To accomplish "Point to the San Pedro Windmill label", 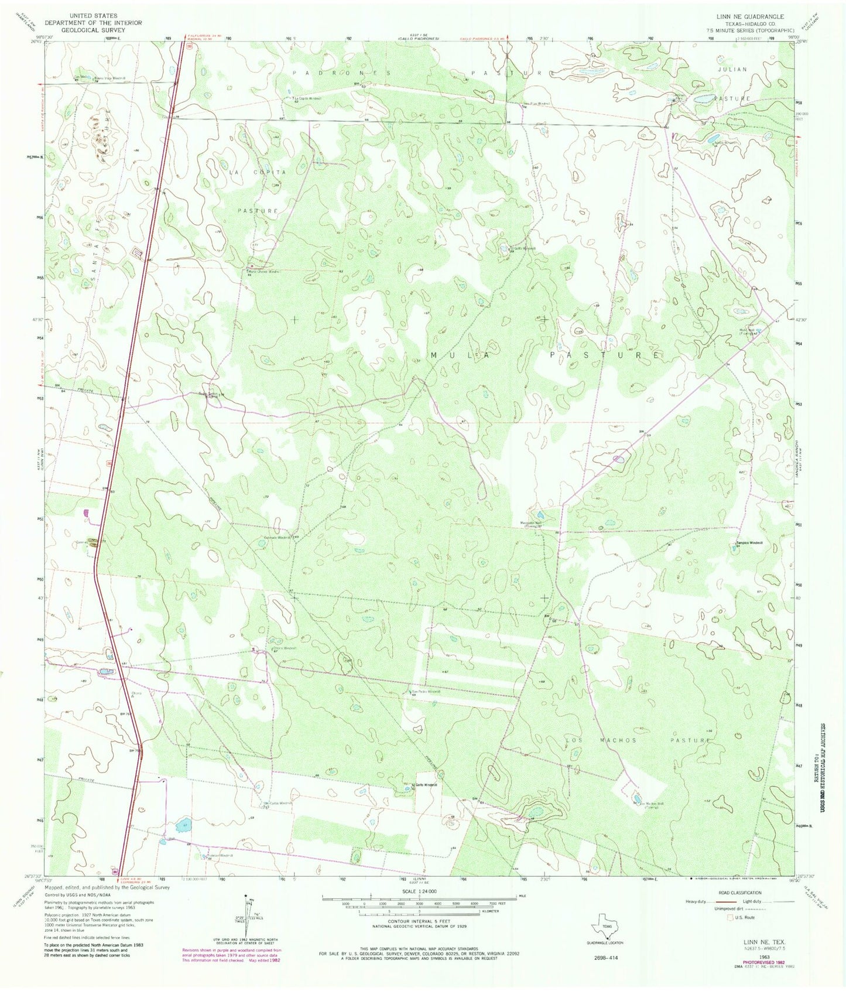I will (426, 691).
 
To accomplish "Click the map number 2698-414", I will (605, 958).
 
